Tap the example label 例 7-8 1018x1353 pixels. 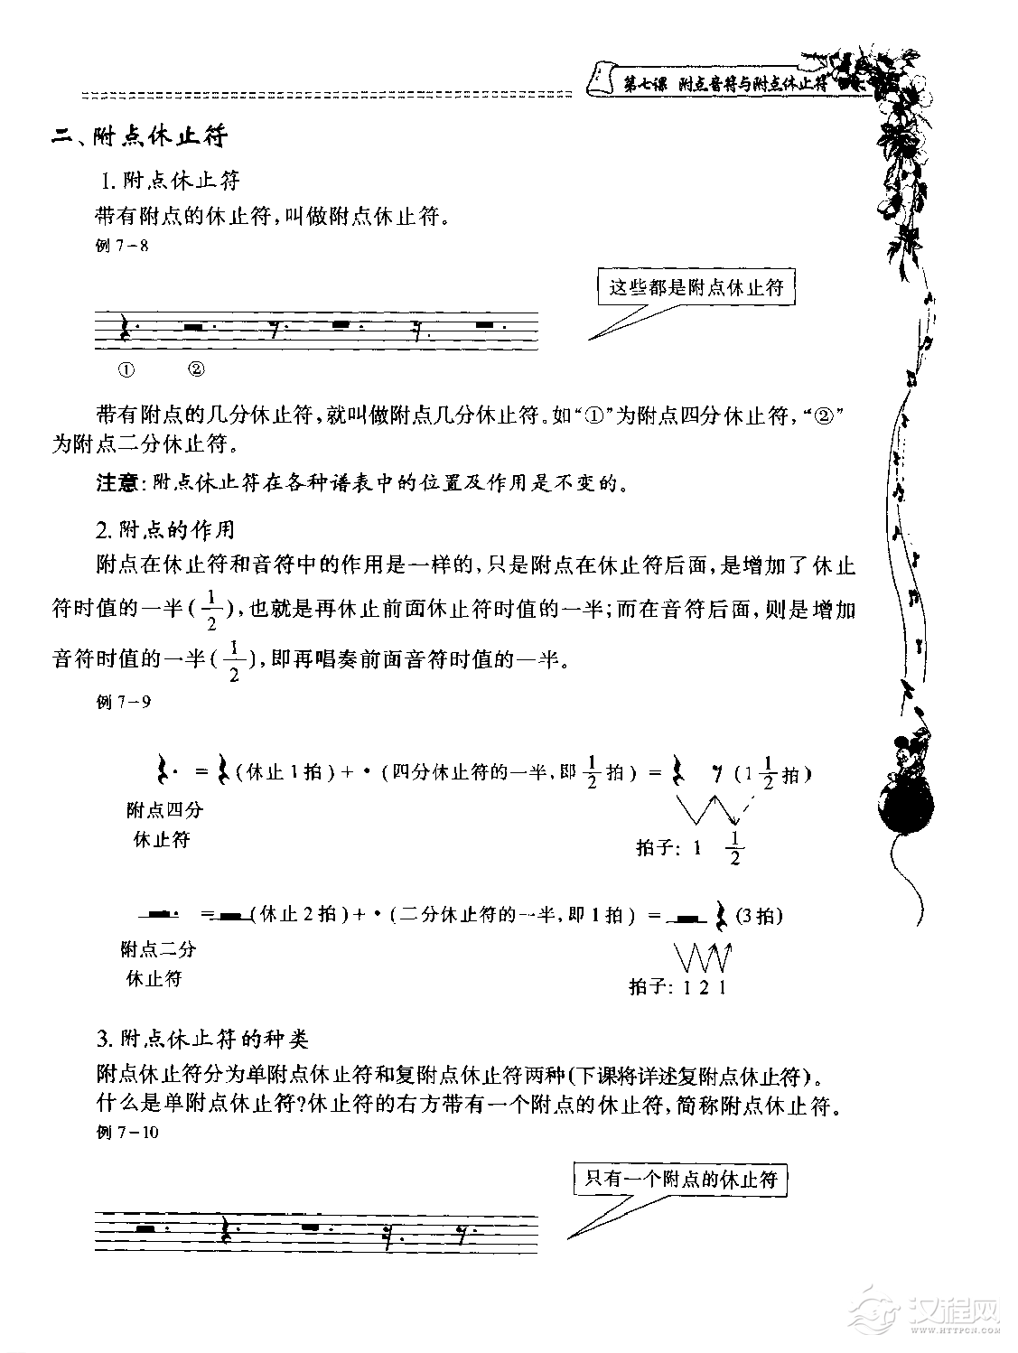[x=123, y=245]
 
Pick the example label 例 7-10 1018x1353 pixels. [x=126, y=1133]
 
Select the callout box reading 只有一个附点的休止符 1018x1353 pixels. [x=680, y=1179]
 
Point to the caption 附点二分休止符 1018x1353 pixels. [x=158, y=963]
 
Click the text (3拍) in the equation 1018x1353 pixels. [x=759, y=915]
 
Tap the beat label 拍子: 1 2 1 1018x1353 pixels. [x=678, y=987]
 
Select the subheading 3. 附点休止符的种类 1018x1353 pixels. [x=202, y=1040]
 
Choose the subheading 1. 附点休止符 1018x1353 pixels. [x=171, y=181]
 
